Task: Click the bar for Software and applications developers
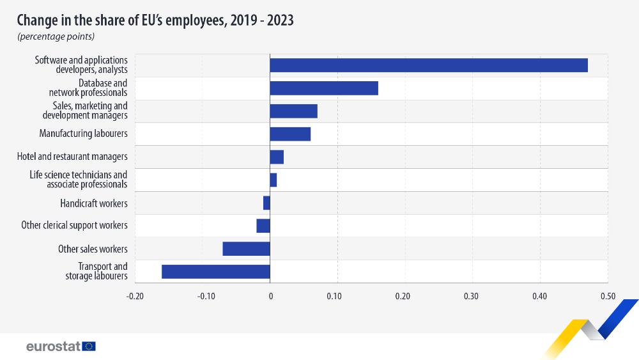coord(428,65)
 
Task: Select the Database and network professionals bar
coord(324,88)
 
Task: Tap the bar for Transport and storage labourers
coord(216,271)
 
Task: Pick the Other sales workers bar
coord(246,249)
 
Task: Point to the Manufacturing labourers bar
coord(290,134)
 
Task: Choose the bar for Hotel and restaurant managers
coord(277,157)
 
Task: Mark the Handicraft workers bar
coord(266,203)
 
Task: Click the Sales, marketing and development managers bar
coord(293,111)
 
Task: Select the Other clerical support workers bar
coord(263,226)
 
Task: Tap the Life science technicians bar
coord(273,180)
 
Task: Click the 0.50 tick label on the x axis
coord(607,296)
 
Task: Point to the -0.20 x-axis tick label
coord(135,296)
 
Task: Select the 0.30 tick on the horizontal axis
coord(472,296)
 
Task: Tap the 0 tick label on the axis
coord(270,296)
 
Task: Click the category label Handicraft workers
coord(93,203)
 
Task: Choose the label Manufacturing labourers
coord(83,134)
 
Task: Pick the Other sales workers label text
coord(93,249)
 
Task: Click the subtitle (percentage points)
coord(56,36)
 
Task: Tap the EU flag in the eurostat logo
coord(89,346)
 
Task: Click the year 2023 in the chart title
coord(280,20)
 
